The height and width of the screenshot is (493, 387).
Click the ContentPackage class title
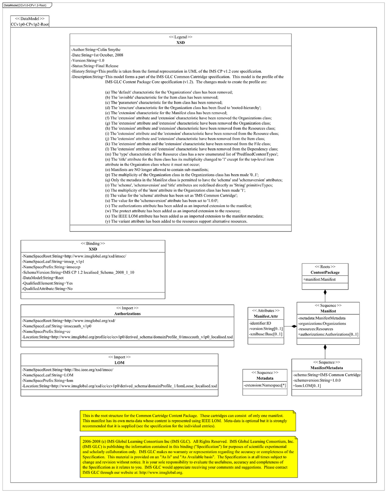[325, 272]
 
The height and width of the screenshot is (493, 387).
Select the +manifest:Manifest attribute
[319, 279]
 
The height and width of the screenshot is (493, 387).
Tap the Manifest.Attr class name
[266, 316]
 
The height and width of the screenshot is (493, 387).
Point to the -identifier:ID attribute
[260, 323]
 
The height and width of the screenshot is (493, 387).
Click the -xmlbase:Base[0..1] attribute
[266, 334]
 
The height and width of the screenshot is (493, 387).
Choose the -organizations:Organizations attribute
[322, 324]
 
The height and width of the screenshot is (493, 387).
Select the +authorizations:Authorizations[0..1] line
[328, 334]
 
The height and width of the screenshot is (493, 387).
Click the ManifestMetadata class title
[327, 368]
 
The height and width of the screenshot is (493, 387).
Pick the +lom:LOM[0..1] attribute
[307, 386]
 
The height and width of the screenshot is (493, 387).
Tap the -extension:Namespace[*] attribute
[265, 385]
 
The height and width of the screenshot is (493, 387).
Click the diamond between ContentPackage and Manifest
[325, 293]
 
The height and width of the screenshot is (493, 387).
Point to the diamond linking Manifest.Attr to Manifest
[294, 326]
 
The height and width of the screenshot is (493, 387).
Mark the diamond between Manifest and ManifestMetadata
[325, 347]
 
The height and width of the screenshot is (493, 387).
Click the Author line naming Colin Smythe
[96, 50]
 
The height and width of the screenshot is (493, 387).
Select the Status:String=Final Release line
[95, 66]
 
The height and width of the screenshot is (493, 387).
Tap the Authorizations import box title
[127, 314]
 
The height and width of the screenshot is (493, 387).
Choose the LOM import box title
[119, 363]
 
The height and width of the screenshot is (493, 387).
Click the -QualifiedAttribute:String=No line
[47, 289]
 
